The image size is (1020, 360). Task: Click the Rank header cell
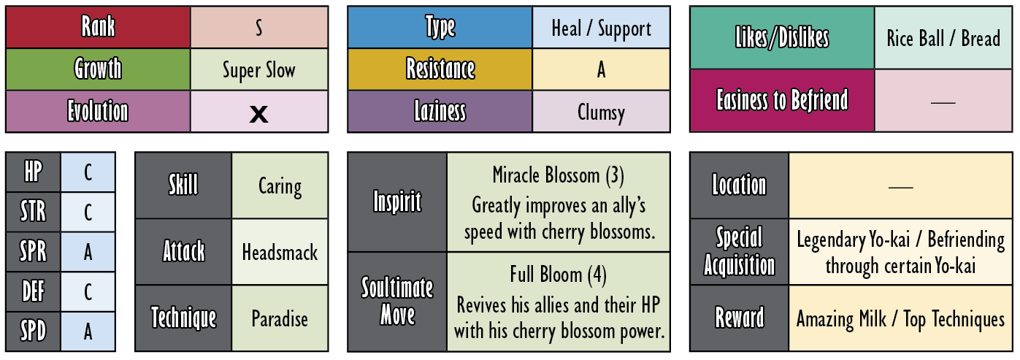tap(98, 27)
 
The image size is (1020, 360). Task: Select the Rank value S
tap(258, 28)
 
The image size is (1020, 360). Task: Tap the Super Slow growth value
tap(258, 70)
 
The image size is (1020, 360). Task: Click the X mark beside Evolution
tap(258, 114)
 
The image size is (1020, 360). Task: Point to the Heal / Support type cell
tap(601, 27)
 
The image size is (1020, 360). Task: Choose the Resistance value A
tap(601, 69)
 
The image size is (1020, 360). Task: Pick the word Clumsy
tap(601, 112)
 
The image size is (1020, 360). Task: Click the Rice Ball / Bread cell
tap(943, 38)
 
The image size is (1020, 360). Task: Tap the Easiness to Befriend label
tap(782, 100)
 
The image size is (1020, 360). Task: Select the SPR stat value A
tap(88, 252)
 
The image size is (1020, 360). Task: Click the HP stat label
tap(33, 172)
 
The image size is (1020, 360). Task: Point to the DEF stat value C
tap(88, 291)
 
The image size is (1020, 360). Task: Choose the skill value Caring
tap(280, 186)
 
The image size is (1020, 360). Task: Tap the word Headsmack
tap(280, 253)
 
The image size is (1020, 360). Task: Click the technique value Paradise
tap(280, 318)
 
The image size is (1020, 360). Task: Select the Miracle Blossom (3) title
tap(559, 175)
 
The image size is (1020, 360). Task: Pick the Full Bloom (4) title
tap(559, 275)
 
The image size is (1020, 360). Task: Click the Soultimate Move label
tap(397, 301)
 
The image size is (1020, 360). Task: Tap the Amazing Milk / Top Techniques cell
tap(900, 318)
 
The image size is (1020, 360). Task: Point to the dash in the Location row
tap(900, 187)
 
